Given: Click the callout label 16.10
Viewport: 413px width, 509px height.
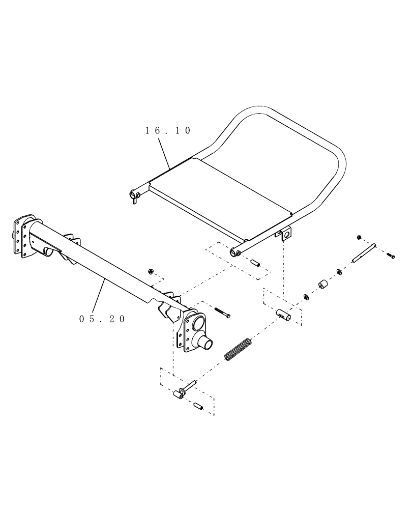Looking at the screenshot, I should click(x=168, y=131).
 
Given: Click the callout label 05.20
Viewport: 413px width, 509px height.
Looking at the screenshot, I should click(x=102, y=319).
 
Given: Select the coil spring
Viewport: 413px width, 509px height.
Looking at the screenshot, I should click(x=237, y=350).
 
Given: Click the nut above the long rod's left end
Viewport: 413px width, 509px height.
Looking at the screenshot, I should click(x=359, y=238).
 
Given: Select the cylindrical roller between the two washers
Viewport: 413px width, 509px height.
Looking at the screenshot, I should click(x=322, y=285).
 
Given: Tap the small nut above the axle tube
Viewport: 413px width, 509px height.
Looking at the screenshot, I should click(x=150, y=271).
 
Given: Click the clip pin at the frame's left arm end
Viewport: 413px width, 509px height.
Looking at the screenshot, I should click(x=134, y=196).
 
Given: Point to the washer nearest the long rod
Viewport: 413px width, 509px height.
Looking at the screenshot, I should click(x=339, y=274).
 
